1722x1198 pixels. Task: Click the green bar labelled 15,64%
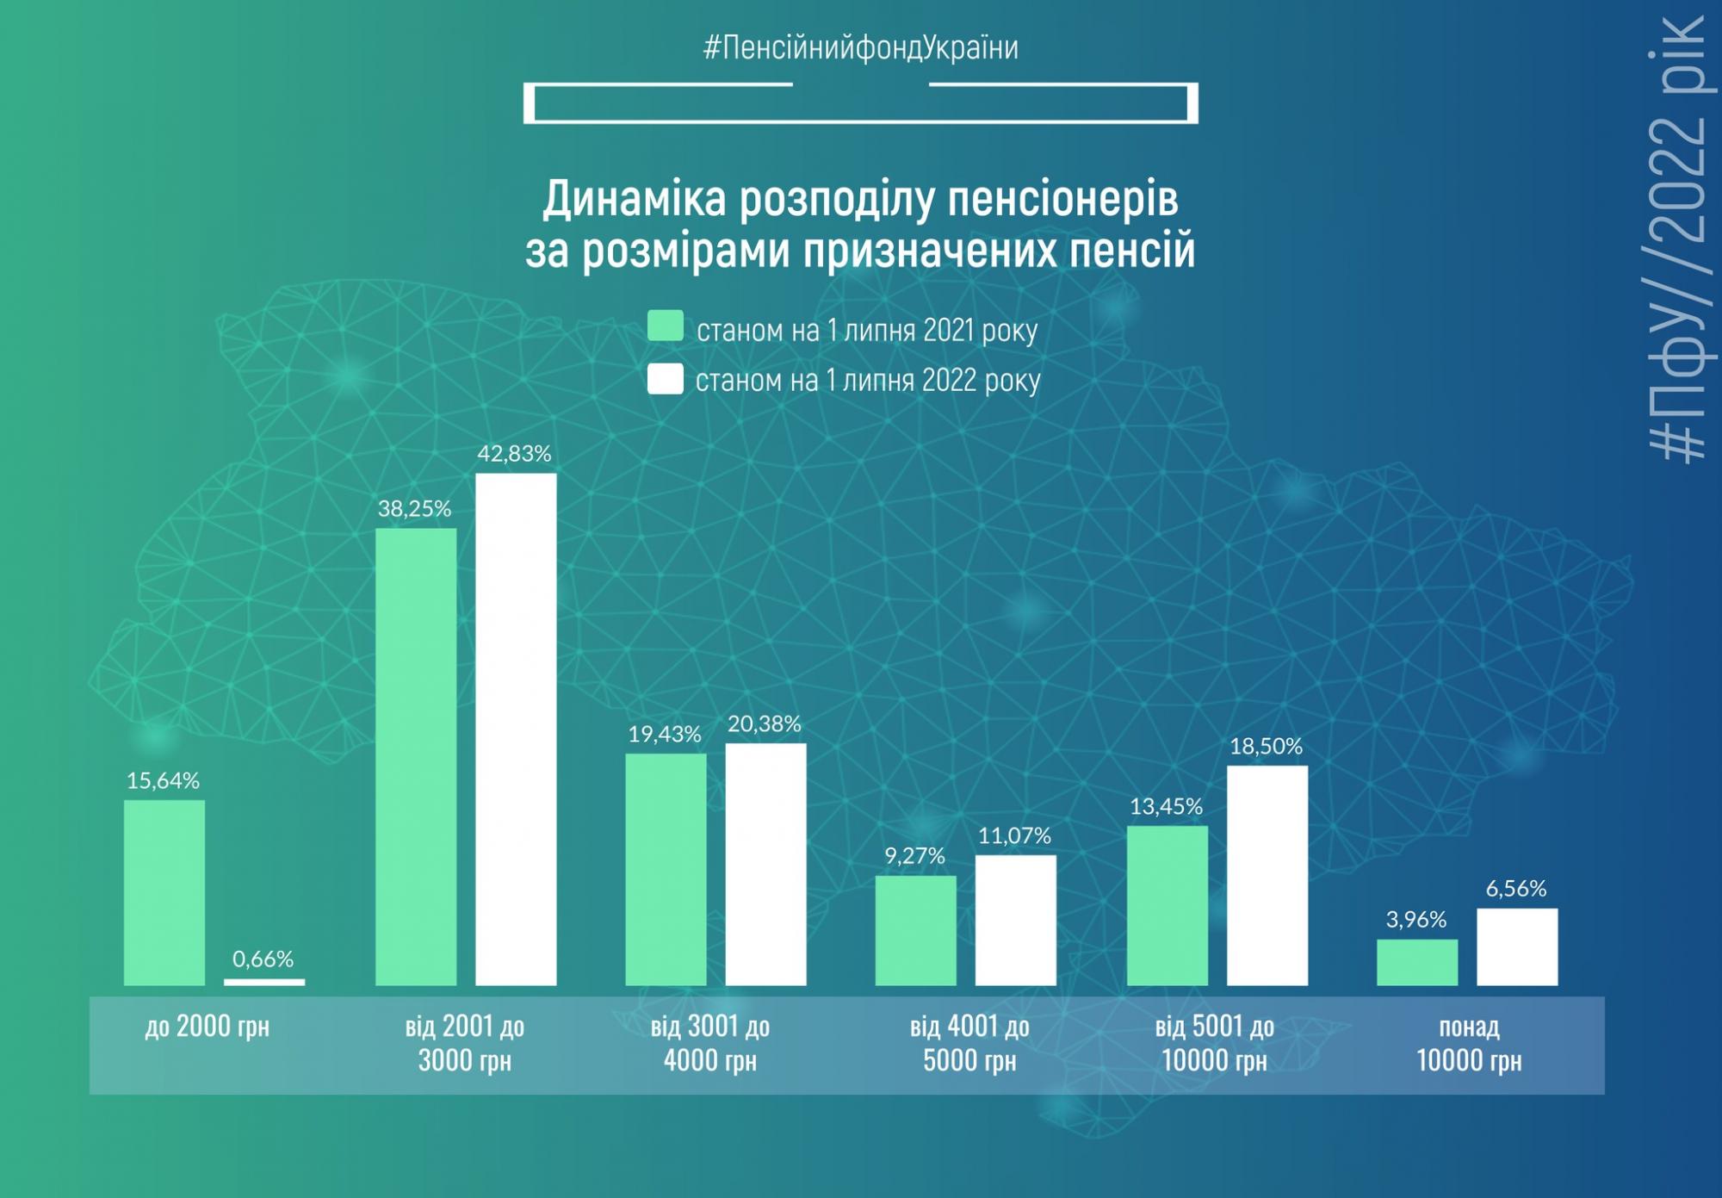[164, 892]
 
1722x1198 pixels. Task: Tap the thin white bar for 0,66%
[263, 982]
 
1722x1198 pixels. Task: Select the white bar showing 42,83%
[516, 729]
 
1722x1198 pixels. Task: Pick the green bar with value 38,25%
[416, 756]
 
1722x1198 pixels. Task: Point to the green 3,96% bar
[1416, 962]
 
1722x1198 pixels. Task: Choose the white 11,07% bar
[1015, 920]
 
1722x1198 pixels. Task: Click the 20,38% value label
[764, 724]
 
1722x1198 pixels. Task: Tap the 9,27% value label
[914, 856]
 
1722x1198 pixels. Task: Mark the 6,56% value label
[1515, 889]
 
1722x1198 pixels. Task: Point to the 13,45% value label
[1166, 807]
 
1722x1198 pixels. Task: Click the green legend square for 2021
[666, 326]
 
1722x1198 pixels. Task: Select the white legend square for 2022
[666, 379]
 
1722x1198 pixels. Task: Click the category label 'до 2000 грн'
[207, 1027]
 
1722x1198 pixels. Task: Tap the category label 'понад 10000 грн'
[1469, 1044]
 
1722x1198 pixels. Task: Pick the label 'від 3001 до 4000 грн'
[710, 1044]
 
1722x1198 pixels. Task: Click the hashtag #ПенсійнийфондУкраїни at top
[860, 47]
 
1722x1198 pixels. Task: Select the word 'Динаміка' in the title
[634, 199]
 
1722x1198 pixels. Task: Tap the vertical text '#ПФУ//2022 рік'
[1676, 241]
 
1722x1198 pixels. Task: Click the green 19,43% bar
[666, 869]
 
